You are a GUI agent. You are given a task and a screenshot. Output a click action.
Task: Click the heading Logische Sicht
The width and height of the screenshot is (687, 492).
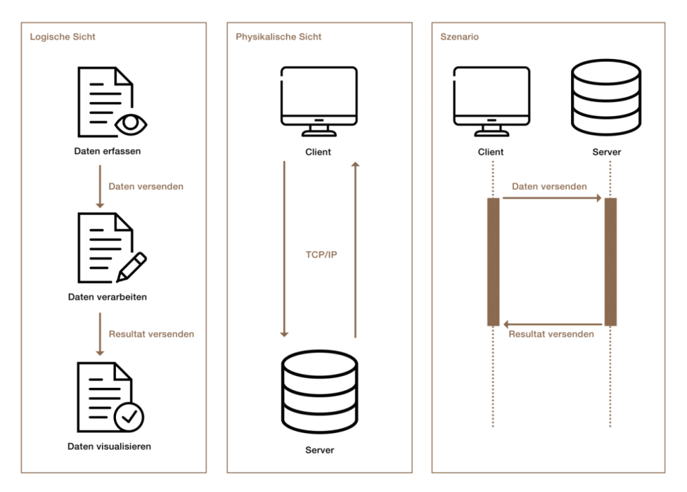tap(62, 37)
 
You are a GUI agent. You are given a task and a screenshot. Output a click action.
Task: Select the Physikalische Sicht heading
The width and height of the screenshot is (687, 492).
tap(278, 37)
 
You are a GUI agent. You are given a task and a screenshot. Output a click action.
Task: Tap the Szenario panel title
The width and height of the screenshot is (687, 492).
tap(460, 37)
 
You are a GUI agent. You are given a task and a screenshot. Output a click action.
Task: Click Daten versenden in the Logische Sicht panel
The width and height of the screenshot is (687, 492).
tap(146, 187)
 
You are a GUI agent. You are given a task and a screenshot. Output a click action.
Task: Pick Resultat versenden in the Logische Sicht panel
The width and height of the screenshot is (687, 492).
tap(152, 334)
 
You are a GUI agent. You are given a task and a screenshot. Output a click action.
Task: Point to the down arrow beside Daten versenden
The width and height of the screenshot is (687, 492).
tap(99, 187)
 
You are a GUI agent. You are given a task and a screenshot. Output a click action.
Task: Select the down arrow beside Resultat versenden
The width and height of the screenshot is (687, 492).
tap(99, 334)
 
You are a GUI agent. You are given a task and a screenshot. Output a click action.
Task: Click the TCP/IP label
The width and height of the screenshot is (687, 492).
tap(321, 254)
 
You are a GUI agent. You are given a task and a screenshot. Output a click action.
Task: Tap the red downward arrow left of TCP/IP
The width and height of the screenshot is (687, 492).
tap(284, 249)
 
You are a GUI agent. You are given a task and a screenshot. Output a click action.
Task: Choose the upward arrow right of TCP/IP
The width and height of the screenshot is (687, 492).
tap(355, 249)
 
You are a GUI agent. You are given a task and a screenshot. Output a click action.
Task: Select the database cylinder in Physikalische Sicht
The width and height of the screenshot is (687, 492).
tap(319, 391)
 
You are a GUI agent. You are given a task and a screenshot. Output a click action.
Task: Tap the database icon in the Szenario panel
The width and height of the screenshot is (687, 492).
tap(606, 98)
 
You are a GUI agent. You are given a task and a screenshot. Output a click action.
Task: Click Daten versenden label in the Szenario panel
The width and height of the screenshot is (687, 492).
tap(549, 187)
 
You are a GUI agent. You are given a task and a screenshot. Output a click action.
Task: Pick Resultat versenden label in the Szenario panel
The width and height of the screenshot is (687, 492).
tap(551, 334)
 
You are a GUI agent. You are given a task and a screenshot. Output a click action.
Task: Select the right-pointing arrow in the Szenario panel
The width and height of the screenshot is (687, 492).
tap(551, 198)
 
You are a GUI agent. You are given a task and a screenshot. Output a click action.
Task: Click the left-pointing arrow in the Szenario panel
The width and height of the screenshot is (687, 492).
tap(551, 324)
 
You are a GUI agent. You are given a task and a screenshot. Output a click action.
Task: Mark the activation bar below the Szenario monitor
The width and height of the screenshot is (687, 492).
tap(493, 262)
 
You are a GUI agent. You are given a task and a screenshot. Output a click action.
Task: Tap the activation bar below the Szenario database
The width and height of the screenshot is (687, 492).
tap(611, 262)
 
